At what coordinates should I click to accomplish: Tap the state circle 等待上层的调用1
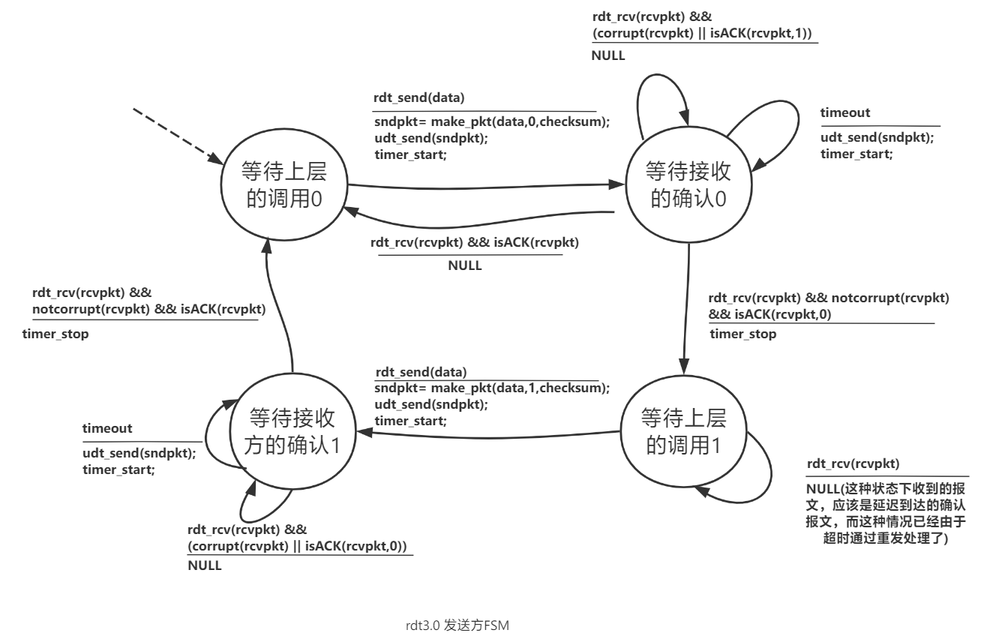coord(682,433)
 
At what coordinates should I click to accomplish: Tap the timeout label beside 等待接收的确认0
coord(845,112)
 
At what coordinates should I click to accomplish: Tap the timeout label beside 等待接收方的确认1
coord(107,428)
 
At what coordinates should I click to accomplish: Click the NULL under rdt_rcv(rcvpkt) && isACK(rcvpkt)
coord(465,265)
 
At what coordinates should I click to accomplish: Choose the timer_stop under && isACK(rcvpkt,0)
coord(742,334)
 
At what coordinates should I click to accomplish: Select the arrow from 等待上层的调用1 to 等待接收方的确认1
coord(487,432)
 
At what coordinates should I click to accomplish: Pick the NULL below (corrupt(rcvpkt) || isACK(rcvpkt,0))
coord(204,565)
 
